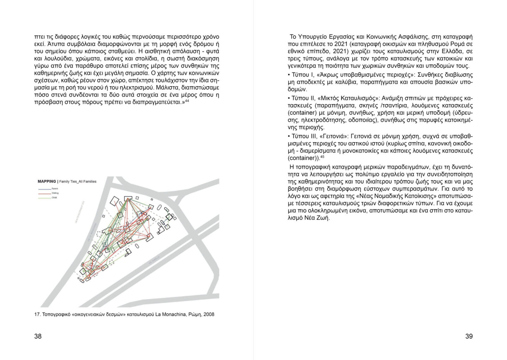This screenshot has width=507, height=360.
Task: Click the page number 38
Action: [38, 336]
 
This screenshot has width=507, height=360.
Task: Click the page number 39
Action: [469, 336]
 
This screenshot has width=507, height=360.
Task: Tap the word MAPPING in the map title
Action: [47, 181]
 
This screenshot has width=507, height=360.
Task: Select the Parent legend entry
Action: [55, 189]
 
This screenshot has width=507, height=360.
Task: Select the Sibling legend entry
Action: [55, 193]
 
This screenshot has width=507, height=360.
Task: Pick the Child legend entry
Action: [54, 198]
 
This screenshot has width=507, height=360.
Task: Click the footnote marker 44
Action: [187, 101]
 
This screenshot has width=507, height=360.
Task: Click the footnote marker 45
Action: [322, 157]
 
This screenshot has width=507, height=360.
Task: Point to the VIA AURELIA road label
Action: [153, 260]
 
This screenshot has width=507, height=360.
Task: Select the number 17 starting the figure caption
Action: [36, 315]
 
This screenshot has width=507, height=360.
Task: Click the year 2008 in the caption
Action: [209, 315]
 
